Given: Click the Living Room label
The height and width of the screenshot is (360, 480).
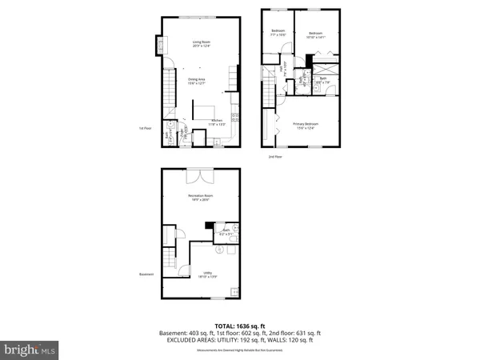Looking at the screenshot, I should click(x=199, y=43).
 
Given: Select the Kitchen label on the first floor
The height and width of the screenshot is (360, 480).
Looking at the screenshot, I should click(x=217, y=123).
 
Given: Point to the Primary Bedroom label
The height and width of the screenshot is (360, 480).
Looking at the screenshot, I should click(x=306, y=126).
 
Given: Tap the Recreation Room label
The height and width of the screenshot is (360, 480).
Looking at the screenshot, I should click(x=199, y=198).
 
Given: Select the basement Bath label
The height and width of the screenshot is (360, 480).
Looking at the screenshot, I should click(x=226, y=232).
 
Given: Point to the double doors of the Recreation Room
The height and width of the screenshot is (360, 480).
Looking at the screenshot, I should click(x=198, y=174).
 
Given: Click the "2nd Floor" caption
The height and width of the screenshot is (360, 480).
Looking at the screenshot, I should click(x=275, y=157).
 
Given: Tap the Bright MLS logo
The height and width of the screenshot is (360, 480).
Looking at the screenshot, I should click(x=29, y=349).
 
